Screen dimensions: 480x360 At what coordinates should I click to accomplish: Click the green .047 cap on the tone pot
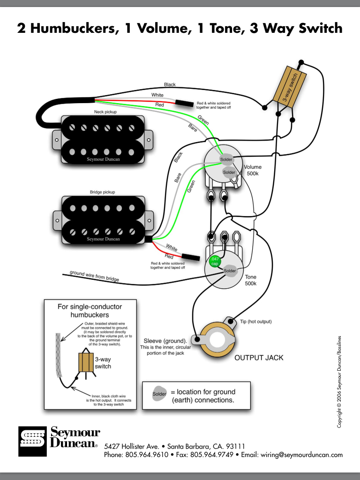214,261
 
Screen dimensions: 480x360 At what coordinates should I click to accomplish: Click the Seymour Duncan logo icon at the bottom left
32,441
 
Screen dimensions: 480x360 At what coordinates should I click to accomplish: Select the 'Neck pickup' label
105,112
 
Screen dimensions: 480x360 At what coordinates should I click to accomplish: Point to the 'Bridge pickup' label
102,192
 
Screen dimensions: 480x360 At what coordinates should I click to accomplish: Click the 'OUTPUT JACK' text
259,357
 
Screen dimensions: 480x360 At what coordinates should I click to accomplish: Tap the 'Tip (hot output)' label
255,322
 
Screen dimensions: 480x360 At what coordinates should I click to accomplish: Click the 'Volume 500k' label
253,170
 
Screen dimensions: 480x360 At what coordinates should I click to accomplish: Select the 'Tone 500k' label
251,280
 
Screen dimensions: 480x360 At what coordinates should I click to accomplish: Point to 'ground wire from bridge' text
94,276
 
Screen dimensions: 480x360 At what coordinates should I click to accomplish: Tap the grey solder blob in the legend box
160,394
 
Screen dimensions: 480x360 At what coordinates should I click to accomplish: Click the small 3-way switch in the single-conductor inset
86,362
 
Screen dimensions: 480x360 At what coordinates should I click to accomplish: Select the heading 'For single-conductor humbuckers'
83,311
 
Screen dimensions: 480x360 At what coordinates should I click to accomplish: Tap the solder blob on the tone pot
230,271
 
